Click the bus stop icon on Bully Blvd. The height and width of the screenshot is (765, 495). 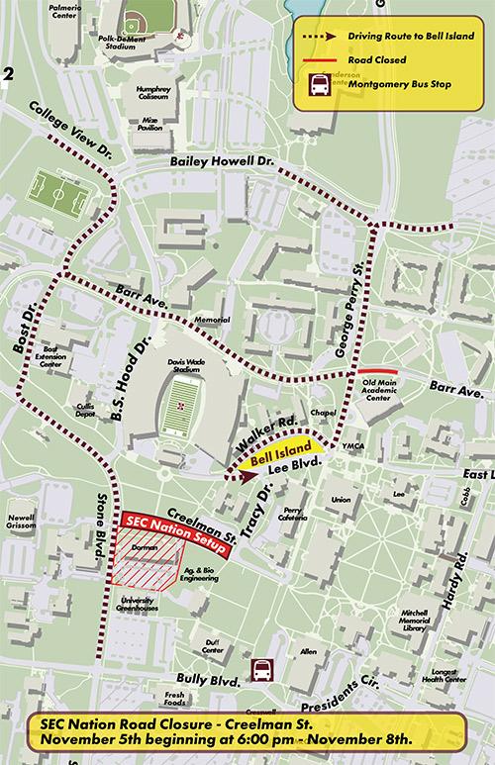(x=262, y=671)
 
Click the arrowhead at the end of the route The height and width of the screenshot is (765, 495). (x=236, y=474)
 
